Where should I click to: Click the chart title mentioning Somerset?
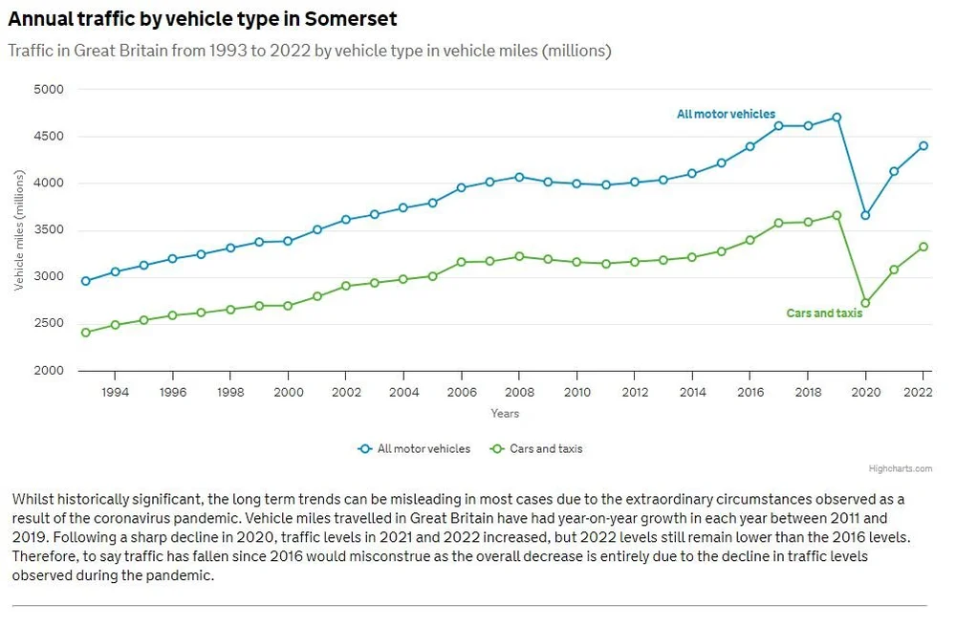(x=203, y=19)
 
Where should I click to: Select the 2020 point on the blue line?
(x=865, y=215)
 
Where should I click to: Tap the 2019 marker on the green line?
(x=836, y=215)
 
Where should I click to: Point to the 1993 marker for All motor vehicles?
(x=85, y=281)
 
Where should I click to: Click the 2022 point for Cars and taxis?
(x=923, y=247)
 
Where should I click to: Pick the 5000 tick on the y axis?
(x=48, y=90)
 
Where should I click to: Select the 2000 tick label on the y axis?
(x=48, y=371)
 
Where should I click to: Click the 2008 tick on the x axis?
(x=519, y=392)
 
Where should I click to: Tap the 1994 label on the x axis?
(x=114, y=392)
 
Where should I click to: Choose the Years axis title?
(x=505, y=413)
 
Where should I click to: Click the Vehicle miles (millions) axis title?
(x=19, y=230)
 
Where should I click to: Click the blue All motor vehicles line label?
(x=726, y=115)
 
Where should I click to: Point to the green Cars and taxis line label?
(x=824, y=313)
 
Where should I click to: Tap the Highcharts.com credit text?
(x=901, y=468)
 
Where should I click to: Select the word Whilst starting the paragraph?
(x=33, y=500)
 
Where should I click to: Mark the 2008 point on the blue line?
(x=519, y=177)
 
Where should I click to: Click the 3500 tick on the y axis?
(x=48, y=230)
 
